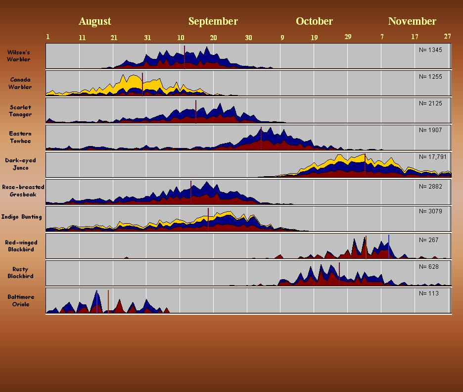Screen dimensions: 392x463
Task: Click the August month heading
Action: tap(94, 21)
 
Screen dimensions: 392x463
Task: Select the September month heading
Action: tap(213, 21)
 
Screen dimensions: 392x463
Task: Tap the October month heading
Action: tap(314, 21)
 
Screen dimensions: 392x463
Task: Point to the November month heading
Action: tap(412, 21)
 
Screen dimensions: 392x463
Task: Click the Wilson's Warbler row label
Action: tap(19, 56)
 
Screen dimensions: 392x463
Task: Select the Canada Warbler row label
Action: tap(20, 83)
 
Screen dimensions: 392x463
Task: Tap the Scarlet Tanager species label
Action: tap(20, 110)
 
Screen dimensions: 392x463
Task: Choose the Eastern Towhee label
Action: tap(20, 137)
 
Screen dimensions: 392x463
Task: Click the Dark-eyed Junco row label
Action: tap(20, 164)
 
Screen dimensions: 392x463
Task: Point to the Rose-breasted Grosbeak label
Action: tap(23, 191)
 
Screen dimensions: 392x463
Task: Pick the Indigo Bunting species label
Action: tap(21, 217)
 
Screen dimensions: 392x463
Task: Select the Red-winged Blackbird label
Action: tap(21, 246)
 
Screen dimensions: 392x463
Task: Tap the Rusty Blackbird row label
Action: tap(21, 273)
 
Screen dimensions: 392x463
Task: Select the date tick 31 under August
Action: tap(147, 38)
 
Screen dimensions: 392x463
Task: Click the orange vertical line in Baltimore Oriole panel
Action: tap(108, 301)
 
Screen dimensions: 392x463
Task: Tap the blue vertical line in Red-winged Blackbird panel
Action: tap(389, 246)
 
